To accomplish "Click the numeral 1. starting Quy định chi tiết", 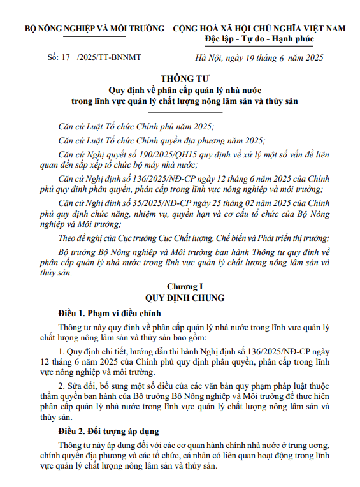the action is tap(61, 351).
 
